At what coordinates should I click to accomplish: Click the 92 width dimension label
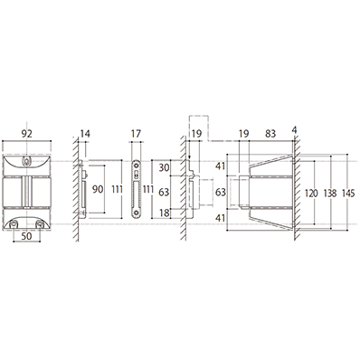point(26,133)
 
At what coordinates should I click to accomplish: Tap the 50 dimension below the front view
point(26,236)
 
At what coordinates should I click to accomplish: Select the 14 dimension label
point(85,133)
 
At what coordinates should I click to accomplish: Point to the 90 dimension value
point(98,189)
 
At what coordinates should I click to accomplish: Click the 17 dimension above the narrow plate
point(136,133)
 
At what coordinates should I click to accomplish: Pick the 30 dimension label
point(164,167)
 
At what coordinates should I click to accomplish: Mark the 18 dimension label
point(164,213)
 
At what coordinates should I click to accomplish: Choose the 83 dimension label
point(270,133)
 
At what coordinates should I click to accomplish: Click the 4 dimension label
point(295,130)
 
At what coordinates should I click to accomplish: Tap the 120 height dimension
point(311,193)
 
